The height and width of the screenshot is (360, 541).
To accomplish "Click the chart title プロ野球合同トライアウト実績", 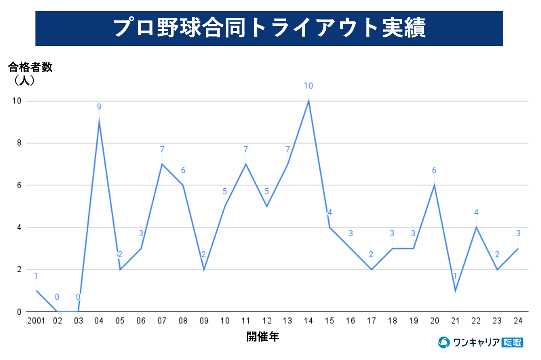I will tap(269, 28).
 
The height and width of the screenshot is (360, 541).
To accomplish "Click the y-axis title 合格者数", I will tap(30, 67).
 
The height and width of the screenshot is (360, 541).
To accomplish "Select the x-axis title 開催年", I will tap(263, 337).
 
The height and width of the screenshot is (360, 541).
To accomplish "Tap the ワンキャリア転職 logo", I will tap(481, 342).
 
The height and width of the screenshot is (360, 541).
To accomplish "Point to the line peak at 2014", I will tap(309, 101).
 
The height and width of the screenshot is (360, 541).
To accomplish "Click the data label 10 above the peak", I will tap(308, 86).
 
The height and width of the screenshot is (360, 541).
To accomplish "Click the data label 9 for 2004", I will tap(99, 107).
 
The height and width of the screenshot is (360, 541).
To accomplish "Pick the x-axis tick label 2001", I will tap(36, 321).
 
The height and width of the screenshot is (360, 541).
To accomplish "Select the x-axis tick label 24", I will tap(518, 321).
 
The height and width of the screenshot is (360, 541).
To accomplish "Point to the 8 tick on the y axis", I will tap(19, 143).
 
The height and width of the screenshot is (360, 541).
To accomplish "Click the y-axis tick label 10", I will tap(17, 101).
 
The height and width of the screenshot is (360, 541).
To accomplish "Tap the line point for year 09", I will tap(204, 270).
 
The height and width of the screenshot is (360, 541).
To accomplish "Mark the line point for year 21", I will tap(455, 291).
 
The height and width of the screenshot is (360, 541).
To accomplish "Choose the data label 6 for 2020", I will tap(434, 170).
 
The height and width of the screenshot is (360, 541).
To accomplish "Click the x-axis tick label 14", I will tap(308, 321).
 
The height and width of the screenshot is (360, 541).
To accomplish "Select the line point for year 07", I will tap(162, 164).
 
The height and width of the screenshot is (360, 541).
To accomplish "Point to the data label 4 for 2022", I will tap(476, 213).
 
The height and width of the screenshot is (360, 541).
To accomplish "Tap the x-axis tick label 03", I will tap(78, 321).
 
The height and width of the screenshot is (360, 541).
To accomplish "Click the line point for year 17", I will tap(371, 270).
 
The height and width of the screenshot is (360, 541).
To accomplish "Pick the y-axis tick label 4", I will tap(19, 228).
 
